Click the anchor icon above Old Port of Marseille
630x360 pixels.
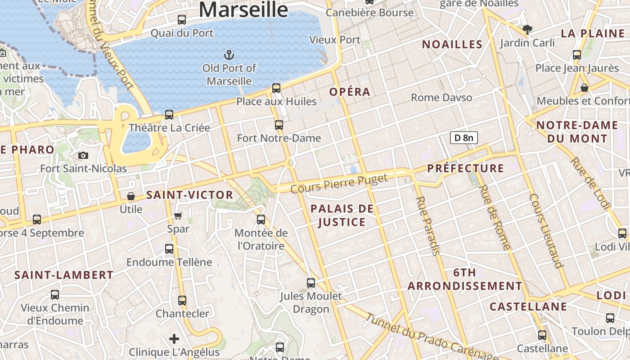(229, 55)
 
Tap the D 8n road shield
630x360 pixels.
(463, 138)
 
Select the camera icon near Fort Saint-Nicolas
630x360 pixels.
(83, 156)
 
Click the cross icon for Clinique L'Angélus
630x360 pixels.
(174, 339)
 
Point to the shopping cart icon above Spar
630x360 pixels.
(178, 216)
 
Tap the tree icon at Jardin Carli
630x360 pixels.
(527, 30)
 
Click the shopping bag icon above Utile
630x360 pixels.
(131, 196)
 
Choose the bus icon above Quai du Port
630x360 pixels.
(182, 20)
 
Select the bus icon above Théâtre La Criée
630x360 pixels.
(169, 115)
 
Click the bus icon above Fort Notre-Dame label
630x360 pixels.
(279, 125)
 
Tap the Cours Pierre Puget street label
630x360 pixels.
(339, 184)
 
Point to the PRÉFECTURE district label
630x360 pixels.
(465, 168)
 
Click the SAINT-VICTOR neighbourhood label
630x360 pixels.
(189, 195)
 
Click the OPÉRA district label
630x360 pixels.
(350, 92)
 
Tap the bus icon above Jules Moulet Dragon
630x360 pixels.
(311, 283)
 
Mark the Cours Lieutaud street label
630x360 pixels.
(546, 230)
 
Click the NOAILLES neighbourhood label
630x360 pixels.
(452, 44)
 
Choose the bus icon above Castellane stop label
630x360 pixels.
(542, 335)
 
